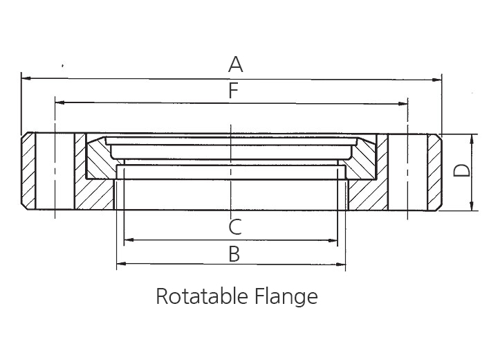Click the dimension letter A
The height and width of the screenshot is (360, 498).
(x=235, y=64)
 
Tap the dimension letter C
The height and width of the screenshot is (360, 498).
(x=235, y=227)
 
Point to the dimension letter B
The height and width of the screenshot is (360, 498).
(x=234, y=254)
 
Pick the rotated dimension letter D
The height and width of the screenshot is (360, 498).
(x=461, y=170)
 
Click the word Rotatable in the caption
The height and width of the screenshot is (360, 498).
(x=202, y=296)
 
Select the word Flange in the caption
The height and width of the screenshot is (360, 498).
(x=286, y=297)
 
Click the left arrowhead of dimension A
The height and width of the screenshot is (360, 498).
(x=26, y=78)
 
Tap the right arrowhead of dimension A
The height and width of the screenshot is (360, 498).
(x=436, y=80)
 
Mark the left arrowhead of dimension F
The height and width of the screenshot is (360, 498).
(x=59, y=102)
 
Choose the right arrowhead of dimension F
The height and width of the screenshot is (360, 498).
(x=403, y=104)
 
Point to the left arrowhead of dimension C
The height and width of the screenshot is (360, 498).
(x=129, y=240)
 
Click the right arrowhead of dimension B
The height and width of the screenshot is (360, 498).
(x=340, y=264)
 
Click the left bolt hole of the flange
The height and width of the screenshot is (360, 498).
(x=55, y=172)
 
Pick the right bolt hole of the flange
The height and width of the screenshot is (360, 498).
(x=407, y=172)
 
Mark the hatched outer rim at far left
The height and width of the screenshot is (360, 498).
(x=28, y=171)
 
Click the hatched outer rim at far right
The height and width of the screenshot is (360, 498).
(x=434, y=172)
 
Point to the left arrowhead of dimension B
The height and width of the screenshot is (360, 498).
(x=122, y=263)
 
